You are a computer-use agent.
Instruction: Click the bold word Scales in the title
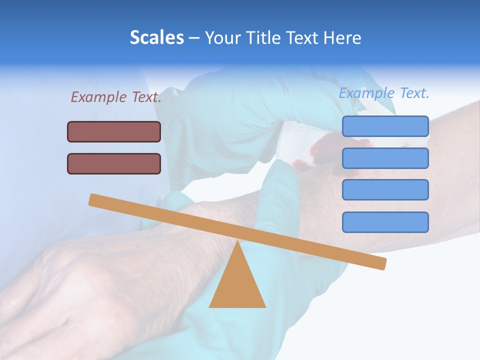[x=156, y=37]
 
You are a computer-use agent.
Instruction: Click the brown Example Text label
[x=116, y=97]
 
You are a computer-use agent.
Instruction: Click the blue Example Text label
[x=384, y=93]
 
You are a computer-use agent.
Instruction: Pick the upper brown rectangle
[x=114, y=132]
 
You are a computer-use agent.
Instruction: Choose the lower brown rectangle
[x=114, y=163]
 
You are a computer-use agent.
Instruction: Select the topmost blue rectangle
[x=385, y=126]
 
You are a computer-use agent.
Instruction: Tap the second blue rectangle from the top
[x=385, y=158]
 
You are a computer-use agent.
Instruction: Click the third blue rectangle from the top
[x=385, y=190]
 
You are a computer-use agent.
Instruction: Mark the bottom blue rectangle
[x=385, y=222]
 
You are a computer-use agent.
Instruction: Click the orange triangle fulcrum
[x=237, y=285]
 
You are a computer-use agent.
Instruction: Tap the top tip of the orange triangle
[x=237, y=242]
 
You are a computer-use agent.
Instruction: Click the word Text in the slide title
[x=300, y=37]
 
